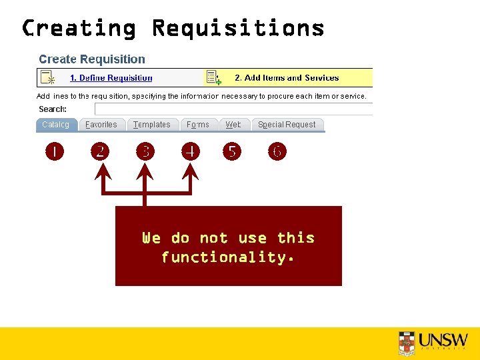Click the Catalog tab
[55, 125]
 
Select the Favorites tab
[101, 125]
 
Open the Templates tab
[151, 125]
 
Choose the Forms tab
[197, 125]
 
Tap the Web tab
[233, 125]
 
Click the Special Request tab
[287, 125]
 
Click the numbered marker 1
[55, 152]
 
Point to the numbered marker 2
[99, 152]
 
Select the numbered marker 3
[145, 152]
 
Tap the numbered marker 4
[191, 152]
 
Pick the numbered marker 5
[232, 152]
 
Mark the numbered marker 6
[277, 152]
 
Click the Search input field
[233, 109]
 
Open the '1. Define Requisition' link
[111, 78]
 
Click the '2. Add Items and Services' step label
[287, 78]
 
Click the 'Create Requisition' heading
[91, 59]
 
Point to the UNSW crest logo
[406, 341]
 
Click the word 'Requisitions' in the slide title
[238, 28]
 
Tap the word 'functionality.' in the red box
[228, 257]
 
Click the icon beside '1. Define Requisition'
[47, 77]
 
